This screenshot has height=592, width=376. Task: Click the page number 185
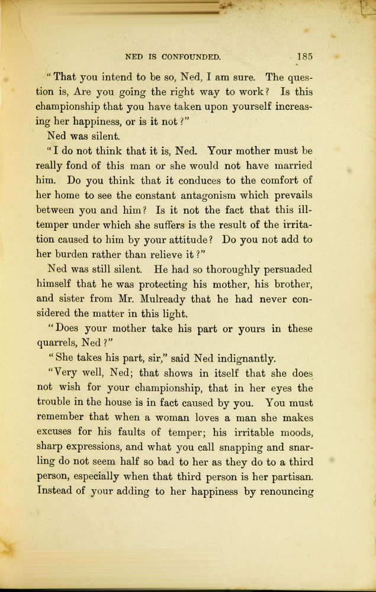(x=305, y=57)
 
